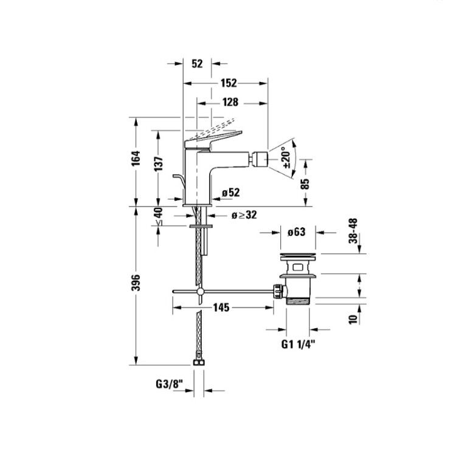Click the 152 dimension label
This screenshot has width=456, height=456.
point(229,83)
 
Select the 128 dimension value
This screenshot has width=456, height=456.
point(230,102)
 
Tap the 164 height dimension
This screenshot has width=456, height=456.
point(136,159)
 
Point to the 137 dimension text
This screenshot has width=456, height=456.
point(159,164)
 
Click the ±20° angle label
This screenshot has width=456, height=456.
point(286,157)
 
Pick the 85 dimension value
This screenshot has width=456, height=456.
point(305,184)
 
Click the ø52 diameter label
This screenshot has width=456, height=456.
point(230,192)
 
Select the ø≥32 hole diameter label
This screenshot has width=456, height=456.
point(244,215)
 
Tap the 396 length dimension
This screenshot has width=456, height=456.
point(136,282)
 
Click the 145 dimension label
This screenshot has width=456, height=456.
point(221,307)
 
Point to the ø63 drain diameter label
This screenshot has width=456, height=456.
point(296,232)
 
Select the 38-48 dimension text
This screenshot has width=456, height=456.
point(353,230)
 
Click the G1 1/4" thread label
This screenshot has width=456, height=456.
point(299,344)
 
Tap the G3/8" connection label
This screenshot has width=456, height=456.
point(169,384)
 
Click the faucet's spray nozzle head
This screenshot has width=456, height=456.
point(260,159)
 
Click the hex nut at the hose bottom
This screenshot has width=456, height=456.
point(199,362)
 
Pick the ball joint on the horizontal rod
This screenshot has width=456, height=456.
point(200,291)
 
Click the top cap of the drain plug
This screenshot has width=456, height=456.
point(297,257)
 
